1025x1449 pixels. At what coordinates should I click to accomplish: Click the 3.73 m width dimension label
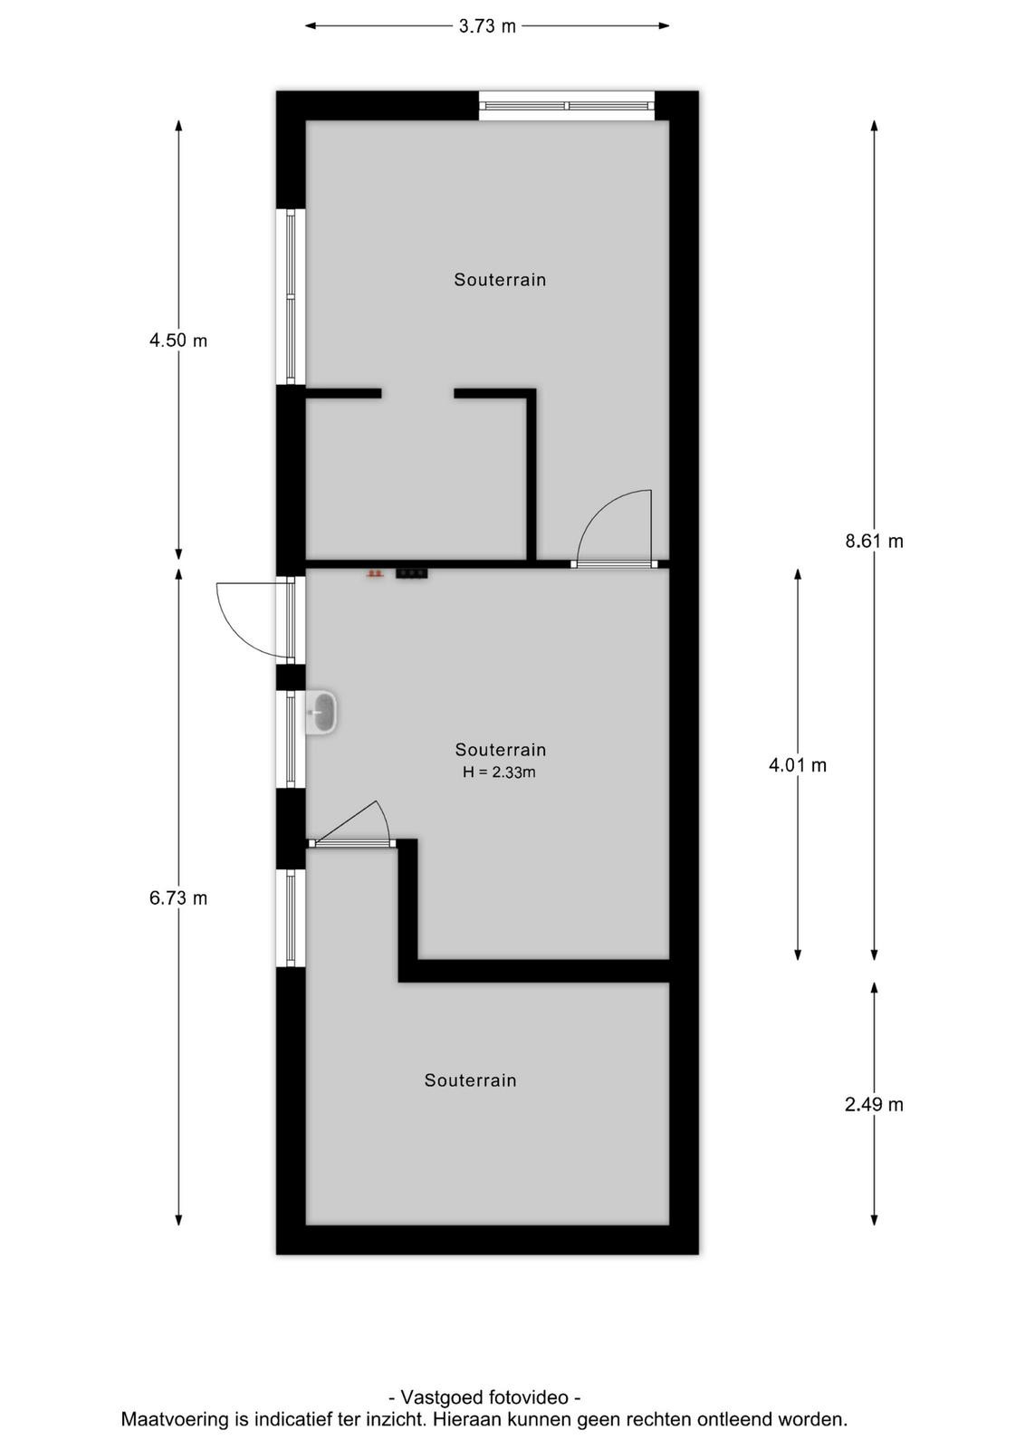click(487, 26)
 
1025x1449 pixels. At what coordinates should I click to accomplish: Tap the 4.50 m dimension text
click(178, 341)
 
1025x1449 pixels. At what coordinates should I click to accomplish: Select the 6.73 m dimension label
click(178, 897)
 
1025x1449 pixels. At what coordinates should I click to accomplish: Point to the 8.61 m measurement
click(875, 541)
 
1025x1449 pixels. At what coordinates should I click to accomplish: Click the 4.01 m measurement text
click(798, 765)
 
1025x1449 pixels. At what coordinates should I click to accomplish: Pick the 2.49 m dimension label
click(875, 1104)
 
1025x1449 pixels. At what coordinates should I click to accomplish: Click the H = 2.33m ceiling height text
click(499, 772)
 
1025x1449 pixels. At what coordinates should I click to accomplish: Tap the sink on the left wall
click(322, 713)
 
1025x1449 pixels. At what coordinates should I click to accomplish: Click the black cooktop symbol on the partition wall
click(412, 573)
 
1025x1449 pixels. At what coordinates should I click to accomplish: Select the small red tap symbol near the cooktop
click(375, 573)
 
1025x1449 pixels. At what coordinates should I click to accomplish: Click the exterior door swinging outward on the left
click(255, 619)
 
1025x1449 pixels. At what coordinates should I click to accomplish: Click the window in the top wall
click(567, 106)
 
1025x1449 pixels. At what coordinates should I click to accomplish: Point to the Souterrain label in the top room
click(500, 280)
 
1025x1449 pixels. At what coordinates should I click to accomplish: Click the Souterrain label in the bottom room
click(470, 1080)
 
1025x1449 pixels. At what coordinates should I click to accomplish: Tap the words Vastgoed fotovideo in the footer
click(484, 1396)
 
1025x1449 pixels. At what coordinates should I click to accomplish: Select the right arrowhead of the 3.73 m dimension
click(663, 26)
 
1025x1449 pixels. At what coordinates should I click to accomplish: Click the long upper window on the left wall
click(291, 296)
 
